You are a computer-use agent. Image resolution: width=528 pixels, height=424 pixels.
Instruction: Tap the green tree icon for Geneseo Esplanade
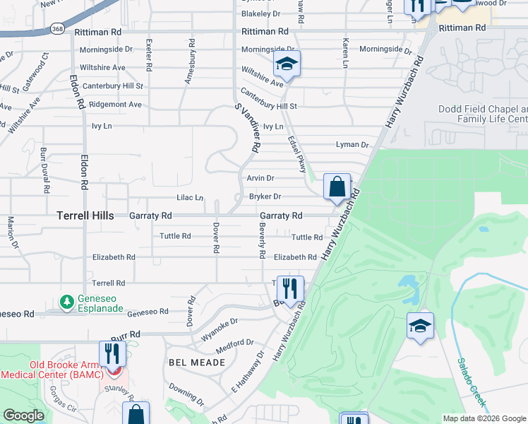(x=66, y=302)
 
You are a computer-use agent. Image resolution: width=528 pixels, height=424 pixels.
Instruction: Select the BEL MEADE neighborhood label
(x=197, y=362)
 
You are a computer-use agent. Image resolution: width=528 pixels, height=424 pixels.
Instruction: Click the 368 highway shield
(x=57, y=29)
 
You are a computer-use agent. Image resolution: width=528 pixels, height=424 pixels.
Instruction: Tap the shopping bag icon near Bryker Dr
(x=337, y=187)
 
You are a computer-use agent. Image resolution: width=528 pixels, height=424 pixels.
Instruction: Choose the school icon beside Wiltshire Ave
(x=287, y=65)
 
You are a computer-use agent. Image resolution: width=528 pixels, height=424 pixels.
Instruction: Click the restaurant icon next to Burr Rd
(x=112, y=353)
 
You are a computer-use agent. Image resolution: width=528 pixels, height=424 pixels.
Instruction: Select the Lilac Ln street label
(x=189, y=198)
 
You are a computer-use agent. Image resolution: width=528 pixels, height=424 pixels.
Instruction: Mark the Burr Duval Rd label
(x=45, y=170)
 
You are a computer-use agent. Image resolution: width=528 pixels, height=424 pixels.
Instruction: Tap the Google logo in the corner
(x=24, y=415)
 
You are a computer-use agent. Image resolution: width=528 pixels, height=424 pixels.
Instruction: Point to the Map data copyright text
(x=484, y=418)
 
